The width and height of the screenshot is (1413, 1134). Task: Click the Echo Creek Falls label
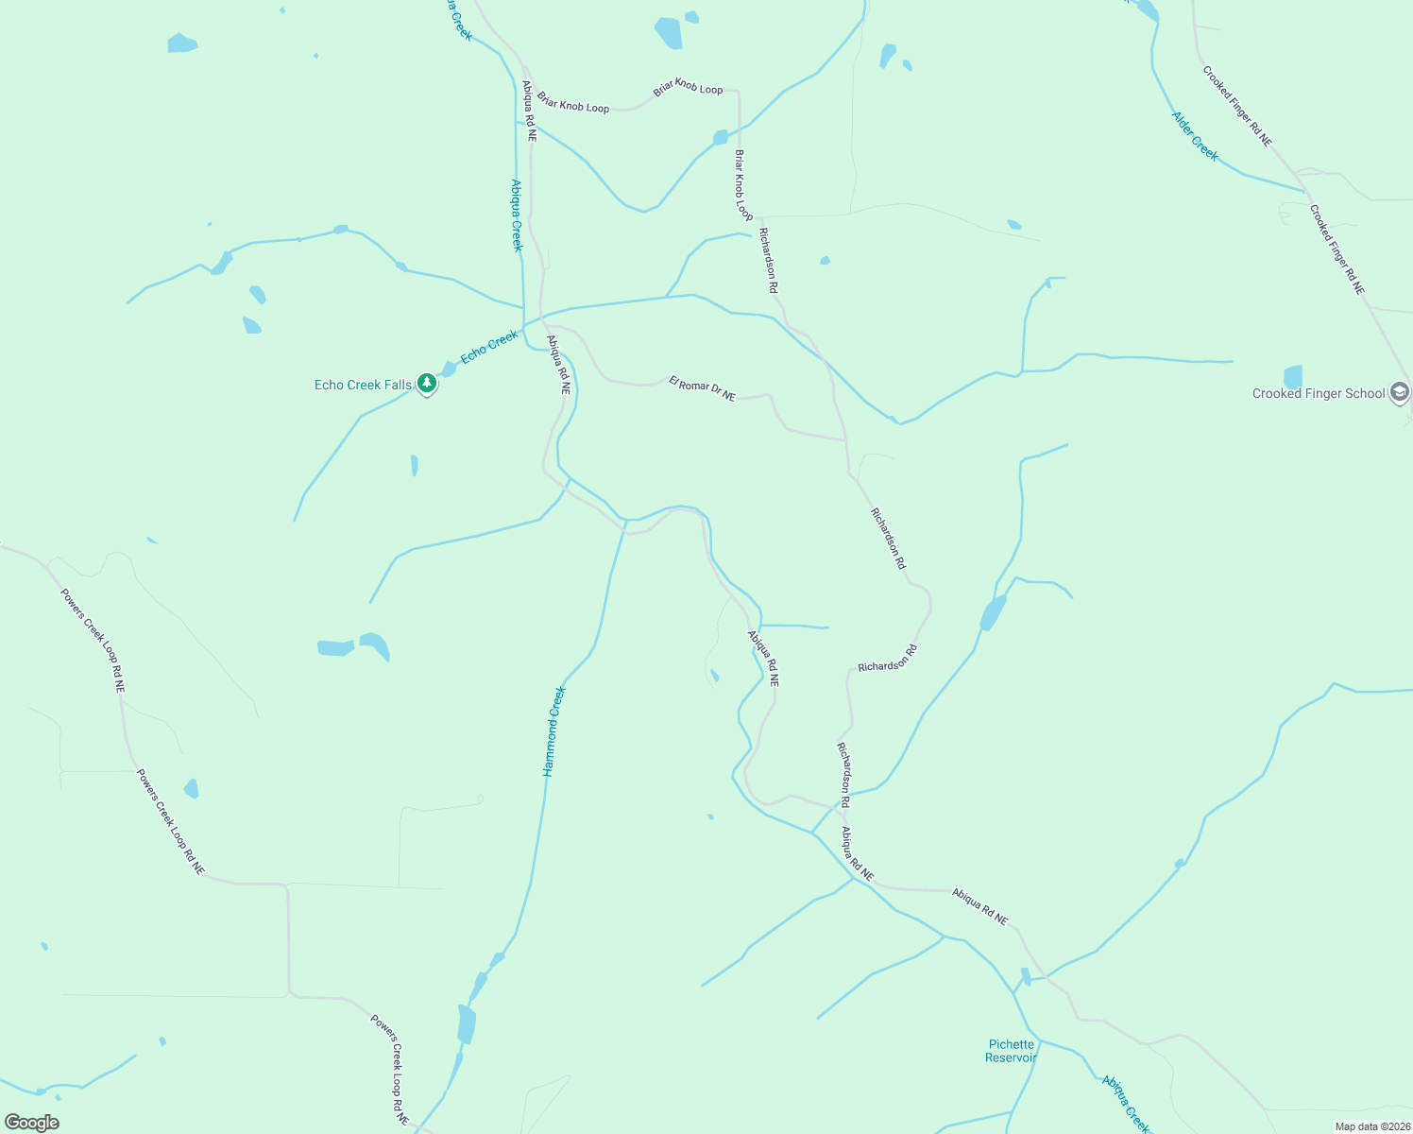[363, 385]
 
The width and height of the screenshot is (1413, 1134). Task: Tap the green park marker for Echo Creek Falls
[427, 384]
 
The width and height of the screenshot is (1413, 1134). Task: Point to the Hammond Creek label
[554, 731]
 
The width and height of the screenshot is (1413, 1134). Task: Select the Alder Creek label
[1195, 136]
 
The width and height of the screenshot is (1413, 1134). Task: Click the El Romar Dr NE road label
[702, 388]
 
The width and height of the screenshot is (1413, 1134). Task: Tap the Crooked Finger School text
[1319, 393]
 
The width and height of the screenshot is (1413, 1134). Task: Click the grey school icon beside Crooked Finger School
[1400, 392]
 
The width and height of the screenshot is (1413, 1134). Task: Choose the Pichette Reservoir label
[1011, 1051]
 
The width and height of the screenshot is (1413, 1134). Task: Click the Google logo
[31, 1123]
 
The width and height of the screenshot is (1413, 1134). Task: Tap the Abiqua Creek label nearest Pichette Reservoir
[1126, 1104]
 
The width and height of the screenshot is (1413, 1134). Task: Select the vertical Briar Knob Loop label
[744, 185]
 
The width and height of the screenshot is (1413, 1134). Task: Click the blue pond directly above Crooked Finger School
[1293, 376]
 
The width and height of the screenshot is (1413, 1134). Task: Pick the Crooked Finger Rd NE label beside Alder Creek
[1236, 106]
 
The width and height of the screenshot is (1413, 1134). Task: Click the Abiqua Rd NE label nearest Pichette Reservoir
[979, 906]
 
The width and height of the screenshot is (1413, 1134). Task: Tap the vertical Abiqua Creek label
[516, 215]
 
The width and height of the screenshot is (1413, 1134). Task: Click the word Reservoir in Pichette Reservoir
[1011, 1057]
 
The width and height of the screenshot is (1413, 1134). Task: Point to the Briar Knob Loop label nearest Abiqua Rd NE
[573, 102]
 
